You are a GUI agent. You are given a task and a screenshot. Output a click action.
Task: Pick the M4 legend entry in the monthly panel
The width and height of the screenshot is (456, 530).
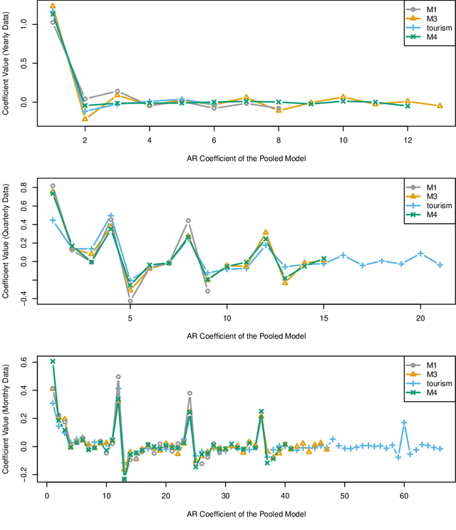coord(426,391)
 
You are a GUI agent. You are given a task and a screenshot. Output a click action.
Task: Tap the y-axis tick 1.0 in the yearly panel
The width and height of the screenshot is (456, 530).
coord(24,24)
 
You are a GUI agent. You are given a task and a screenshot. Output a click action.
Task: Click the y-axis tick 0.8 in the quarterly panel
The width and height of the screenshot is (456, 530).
coord(24,187)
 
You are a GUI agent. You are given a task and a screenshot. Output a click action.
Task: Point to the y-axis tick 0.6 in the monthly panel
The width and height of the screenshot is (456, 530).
coord(24,363)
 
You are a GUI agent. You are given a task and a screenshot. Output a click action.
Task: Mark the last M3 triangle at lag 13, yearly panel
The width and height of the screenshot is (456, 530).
coord(440,105)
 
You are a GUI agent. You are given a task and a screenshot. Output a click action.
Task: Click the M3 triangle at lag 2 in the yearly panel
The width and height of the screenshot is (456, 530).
coord(85,118)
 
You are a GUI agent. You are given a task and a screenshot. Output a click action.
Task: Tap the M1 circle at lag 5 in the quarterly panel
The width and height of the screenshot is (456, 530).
coord(130,301)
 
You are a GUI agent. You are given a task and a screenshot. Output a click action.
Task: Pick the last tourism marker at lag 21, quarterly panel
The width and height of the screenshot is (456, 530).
coord(440,265)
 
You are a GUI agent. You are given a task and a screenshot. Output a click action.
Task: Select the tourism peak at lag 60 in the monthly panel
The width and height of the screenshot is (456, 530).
coord(404,422)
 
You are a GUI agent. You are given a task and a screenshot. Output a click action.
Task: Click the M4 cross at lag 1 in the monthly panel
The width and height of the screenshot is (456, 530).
coord(53,361)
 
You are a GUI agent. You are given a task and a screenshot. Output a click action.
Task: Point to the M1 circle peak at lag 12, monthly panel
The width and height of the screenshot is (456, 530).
coord(118,377)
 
